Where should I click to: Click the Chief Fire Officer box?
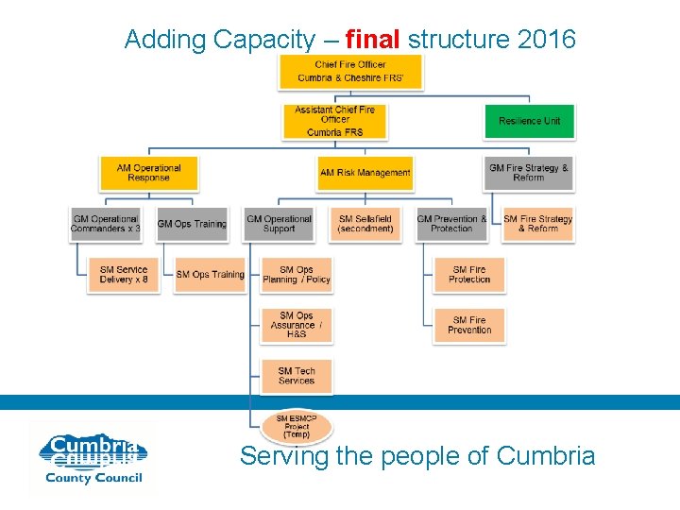click(x=349, y=71)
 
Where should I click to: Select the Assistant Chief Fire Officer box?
click(x=334, y=121)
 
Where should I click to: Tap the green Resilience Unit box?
click(x=529, y=121)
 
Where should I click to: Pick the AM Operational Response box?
click(x=148, y=173)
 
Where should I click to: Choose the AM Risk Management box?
click(x=365, y=173)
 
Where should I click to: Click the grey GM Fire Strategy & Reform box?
click(x=529, y=173)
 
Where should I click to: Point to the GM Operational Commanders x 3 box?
click(x=105, y=224)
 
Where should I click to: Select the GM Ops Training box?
click(x=192, y=224)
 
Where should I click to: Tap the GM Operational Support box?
click(x=279, y=224)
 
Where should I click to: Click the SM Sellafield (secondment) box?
click(x=365, y=224)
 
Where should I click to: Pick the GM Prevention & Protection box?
click(x=451, y=224)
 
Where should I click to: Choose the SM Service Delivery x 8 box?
click(x=124, y=274)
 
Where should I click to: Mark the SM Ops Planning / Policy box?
click(x=297, y=274)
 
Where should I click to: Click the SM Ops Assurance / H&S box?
click(x=297, y=325)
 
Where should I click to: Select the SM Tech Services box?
click(x=297, y=376)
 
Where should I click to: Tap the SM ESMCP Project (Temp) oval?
click(x=297, y=427)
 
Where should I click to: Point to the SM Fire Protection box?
click(x=469, y=274)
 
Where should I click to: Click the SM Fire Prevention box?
click(x=469, y=325)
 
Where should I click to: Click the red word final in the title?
click(x=373, y=40)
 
